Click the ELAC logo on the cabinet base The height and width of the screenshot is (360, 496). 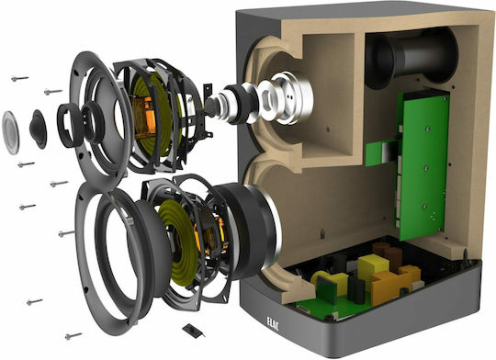pos(273,323)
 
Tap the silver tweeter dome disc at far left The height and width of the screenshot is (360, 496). pos(10,133)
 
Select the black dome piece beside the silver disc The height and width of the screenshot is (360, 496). pos(39,129)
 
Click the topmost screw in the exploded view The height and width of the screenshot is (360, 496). pos(20,78)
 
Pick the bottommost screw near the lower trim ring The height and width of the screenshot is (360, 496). pos(73,336)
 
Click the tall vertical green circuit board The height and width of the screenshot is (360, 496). pos(423,164)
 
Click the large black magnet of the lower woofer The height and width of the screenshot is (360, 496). pos(250,231)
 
